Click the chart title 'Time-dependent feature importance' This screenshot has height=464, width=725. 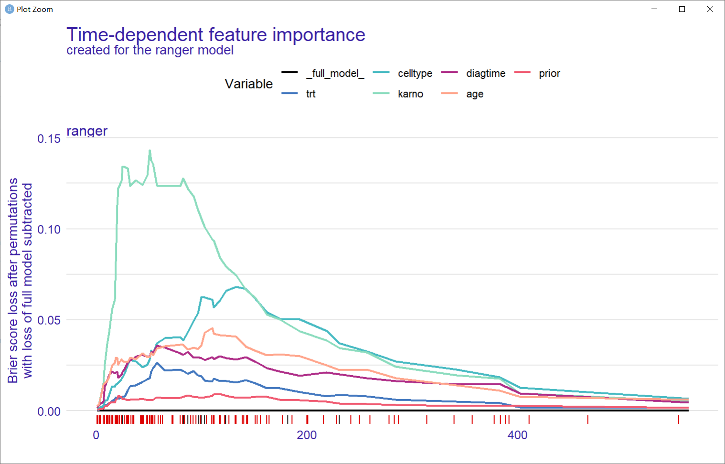[x=215, y=35]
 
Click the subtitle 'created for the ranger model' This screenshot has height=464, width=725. [x=150, y=50]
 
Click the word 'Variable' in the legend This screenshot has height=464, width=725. [x=248, y=84]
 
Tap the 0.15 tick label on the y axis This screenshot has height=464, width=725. [x=49, y=139]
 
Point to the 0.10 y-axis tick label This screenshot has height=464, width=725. [x=49, y=230]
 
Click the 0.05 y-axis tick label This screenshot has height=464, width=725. [x=49, y=320]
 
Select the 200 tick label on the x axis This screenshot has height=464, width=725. [x=307, y=435]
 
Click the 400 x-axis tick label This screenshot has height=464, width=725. [x=517, y=435]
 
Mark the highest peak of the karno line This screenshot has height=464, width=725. [x=149, y=151]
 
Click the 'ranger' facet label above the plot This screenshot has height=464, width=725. [x=87, y=131]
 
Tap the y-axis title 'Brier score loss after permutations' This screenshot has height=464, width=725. [x=13, y=280]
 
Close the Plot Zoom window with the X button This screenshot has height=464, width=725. [x=710, y=9]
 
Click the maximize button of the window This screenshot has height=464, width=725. [x=682, y=9]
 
